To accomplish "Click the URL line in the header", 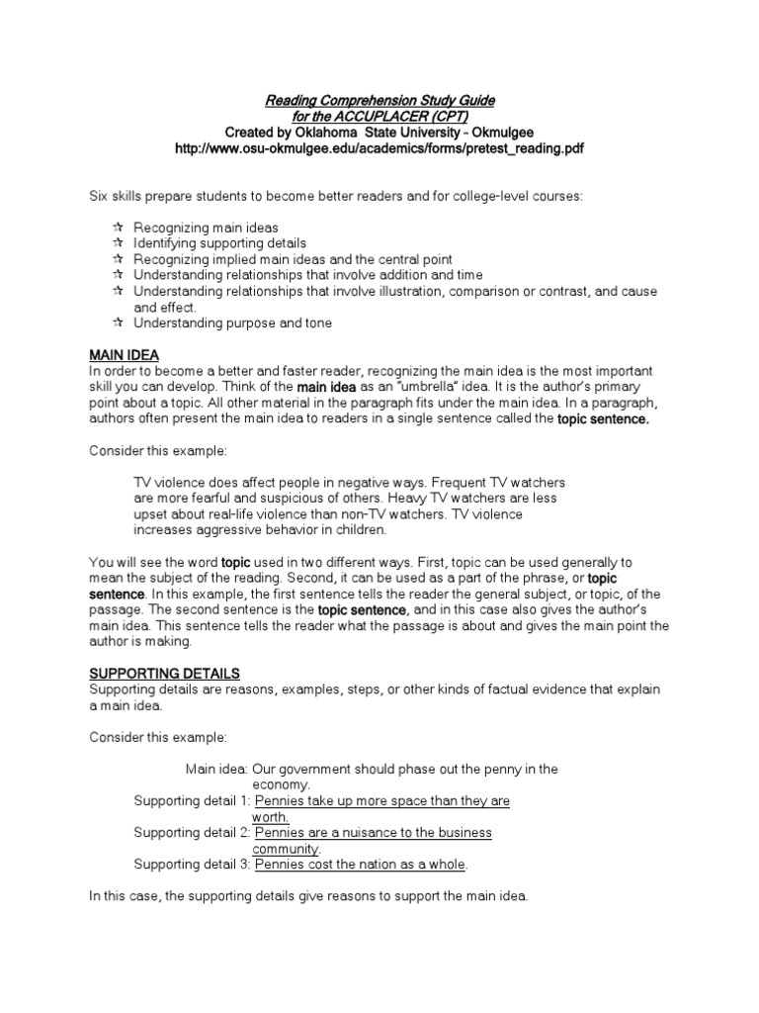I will (379, 148).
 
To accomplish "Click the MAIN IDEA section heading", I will (125, 355).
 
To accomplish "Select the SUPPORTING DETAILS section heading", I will (164, 674).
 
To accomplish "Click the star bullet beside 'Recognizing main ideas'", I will (118, 227).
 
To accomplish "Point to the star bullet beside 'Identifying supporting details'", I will (118, 242).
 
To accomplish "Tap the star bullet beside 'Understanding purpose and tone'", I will (118, 322).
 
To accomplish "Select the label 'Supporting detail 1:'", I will (192, 801).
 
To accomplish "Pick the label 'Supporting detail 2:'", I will (192, 833).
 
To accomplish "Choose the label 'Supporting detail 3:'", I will (192, 865).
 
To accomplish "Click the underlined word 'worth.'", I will (270, 817).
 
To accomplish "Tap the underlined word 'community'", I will (286, 849).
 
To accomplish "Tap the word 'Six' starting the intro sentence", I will (100, 197).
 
